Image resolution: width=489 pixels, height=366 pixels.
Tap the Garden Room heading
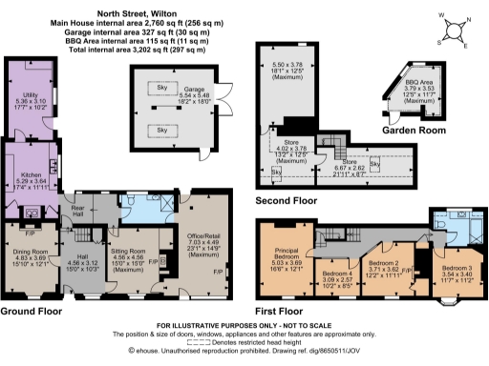coord(407,129)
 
